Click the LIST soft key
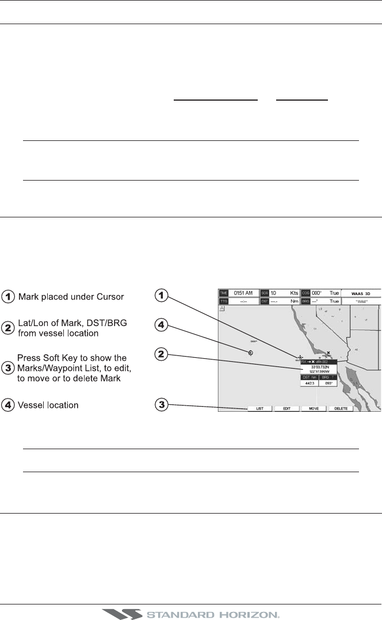click(259, 408)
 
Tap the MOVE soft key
click(314, 408)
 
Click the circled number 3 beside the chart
click(163, 406)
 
